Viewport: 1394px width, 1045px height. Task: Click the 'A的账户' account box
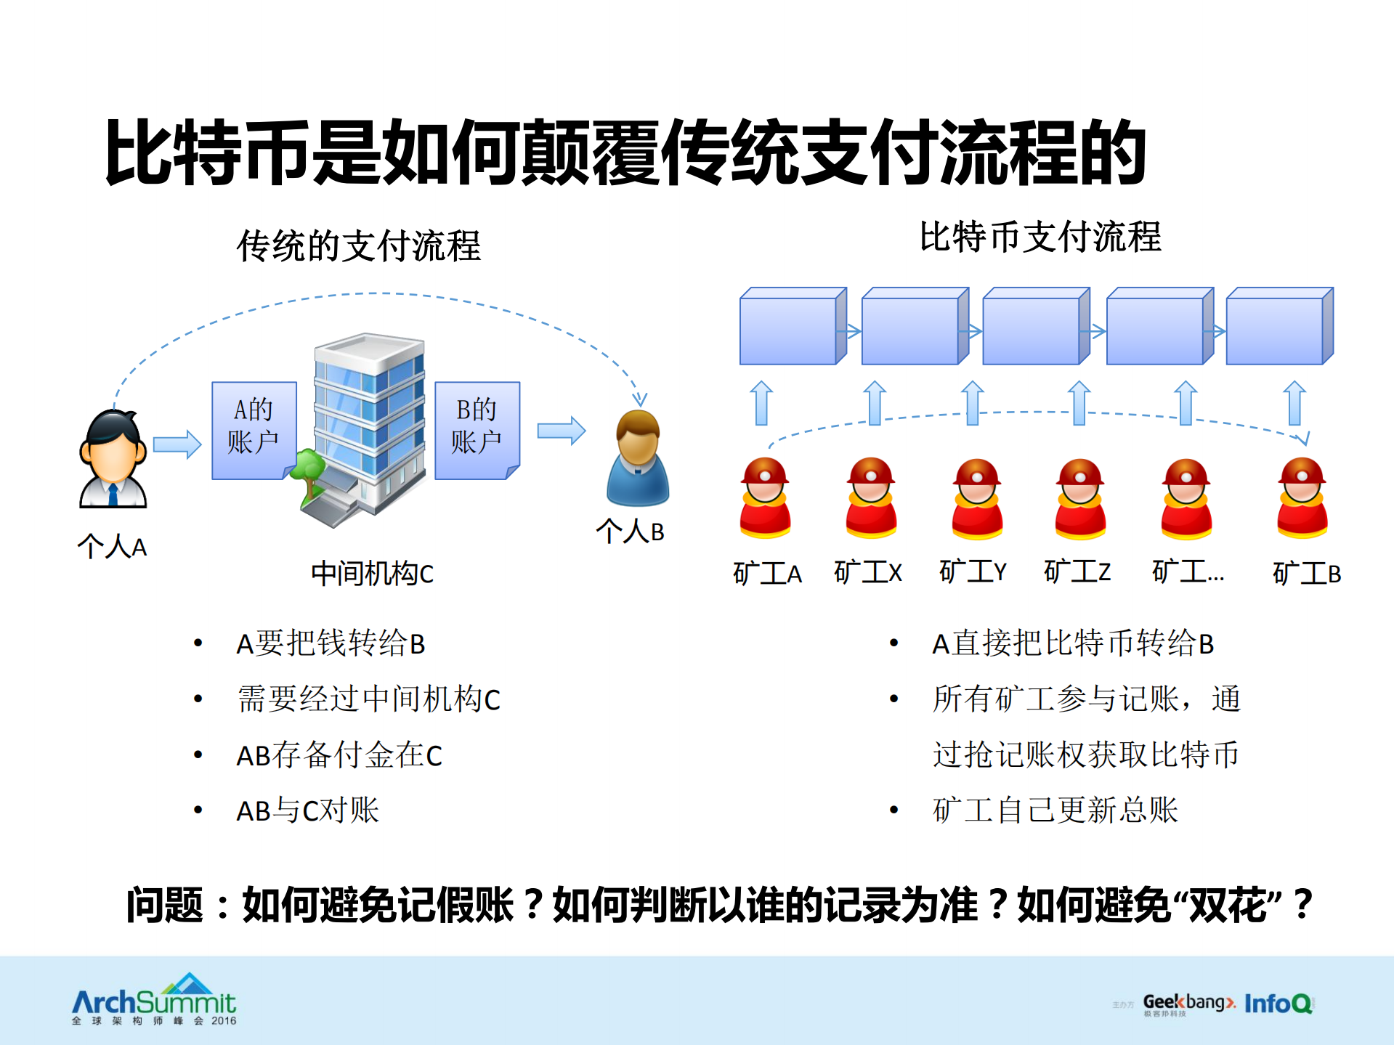(254, 429)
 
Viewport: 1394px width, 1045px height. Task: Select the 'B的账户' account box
(477, 429)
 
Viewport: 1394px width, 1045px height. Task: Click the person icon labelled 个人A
(113, 459)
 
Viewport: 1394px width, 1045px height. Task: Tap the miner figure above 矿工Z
(1080, 499)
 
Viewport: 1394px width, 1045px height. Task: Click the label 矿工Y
(973, 572)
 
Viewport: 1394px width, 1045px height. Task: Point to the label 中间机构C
(372, 574)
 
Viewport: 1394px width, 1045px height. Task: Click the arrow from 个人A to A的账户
(177, 444)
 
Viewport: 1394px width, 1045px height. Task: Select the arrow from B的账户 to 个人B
(561, 431)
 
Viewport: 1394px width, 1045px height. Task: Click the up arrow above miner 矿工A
(761, 403)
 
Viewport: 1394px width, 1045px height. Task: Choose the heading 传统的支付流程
(358, 245)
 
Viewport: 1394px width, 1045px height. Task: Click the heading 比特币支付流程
(1040, 237)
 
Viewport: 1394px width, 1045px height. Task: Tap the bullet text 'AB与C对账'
(307, 810)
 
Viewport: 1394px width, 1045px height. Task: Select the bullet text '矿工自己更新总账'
(1055, 810)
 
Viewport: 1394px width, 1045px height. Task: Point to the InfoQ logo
(1278, 1004)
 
